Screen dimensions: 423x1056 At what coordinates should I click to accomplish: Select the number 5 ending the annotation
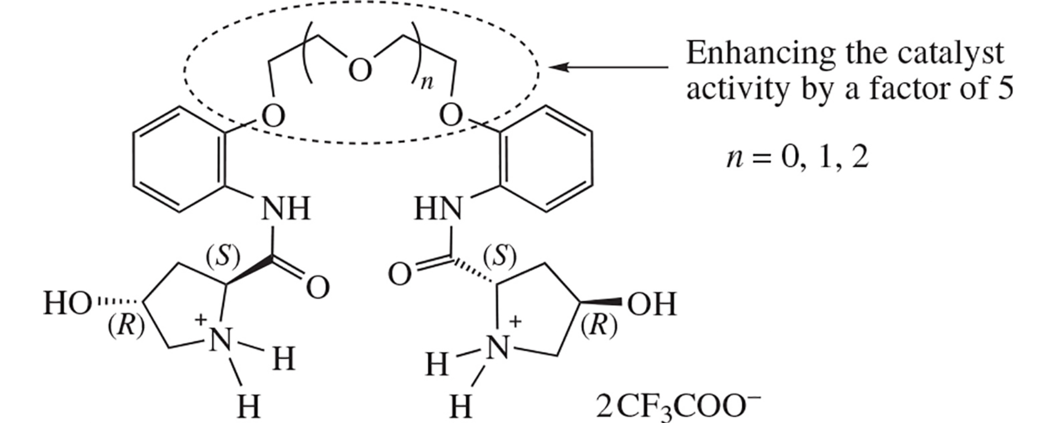(x=1005, y=89)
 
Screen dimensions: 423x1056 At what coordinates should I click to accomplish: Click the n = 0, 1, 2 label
(x=797, y=158)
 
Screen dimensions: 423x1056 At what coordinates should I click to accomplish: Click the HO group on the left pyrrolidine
(x=67, y=304)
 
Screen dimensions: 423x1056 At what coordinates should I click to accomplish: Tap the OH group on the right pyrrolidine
(x=652, y=304)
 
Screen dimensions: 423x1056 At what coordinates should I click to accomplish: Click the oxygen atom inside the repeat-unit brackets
(x=360, y=71)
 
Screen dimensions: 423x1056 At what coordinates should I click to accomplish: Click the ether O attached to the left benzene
(x=273, y=116)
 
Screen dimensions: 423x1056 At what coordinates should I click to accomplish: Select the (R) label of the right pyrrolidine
(x=599, y=327)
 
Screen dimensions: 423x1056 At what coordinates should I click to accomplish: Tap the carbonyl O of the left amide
(x=318, y=288)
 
